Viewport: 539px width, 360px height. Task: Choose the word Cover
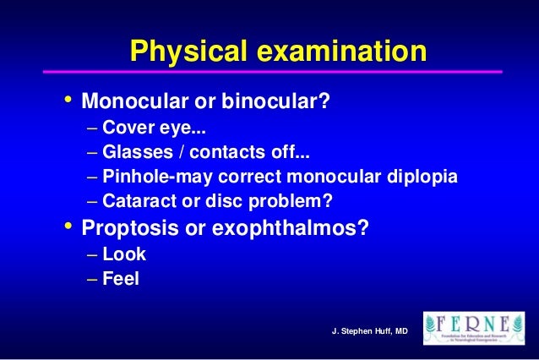pyautogui.click(x=127, y=131)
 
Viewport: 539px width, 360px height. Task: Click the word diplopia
pyautogui.click(x=420, y=179)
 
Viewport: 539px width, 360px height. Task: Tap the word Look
pyautogui.click(x=124, y=255)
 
